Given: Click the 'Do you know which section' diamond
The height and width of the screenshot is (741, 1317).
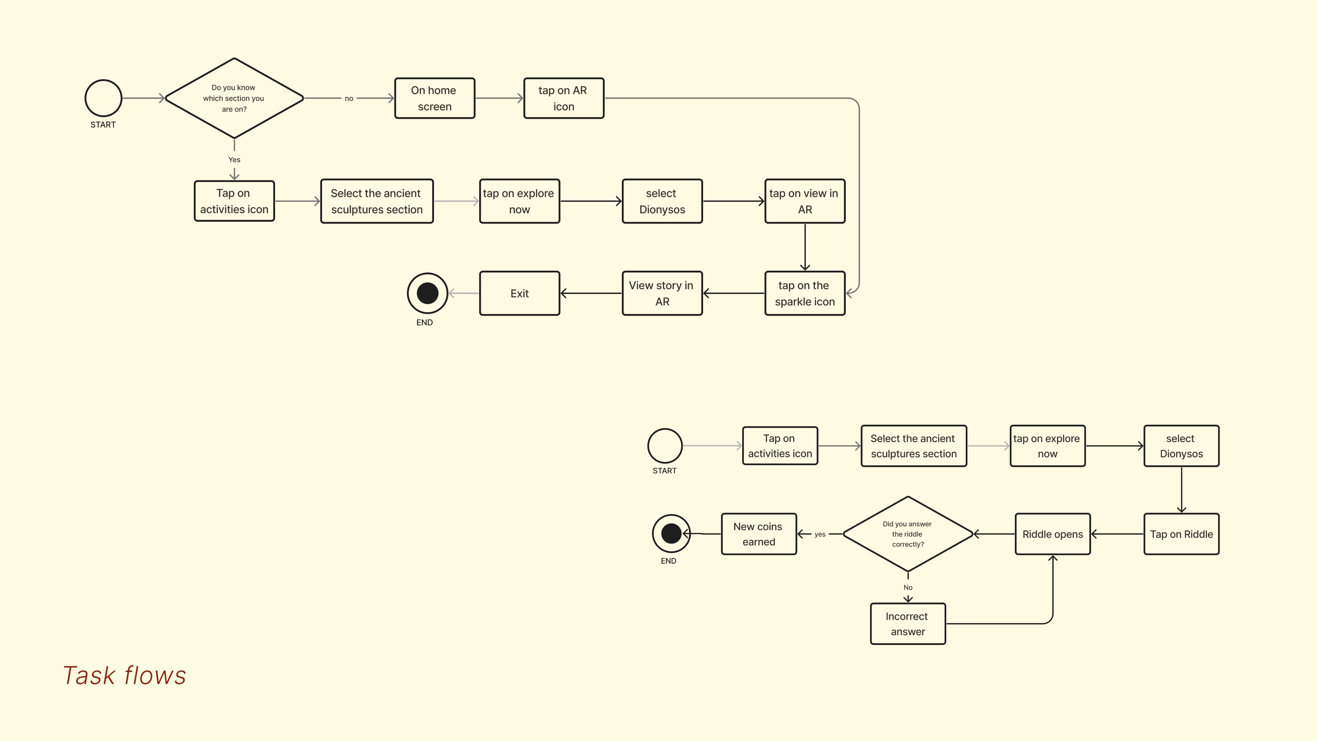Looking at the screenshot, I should (234, 98).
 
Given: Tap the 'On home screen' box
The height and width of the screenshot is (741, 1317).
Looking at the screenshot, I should (435, 98).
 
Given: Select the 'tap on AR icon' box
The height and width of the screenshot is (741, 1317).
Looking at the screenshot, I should (563, 98).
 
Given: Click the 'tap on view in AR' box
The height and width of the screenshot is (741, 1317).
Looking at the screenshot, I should (805, 201).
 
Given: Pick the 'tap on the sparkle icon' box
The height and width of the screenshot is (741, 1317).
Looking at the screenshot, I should (805, 293).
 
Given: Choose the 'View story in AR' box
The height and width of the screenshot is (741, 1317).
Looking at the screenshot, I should (662, 293).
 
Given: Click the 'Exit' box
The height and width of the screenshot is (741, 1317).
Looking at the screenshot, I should (520, 293).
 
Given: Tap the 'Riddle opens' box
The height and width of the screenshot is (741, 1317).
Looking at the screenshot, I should (1053, 534).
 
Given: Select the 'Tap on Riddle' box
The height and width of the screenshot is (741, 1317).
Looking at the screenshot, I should (1181, 534).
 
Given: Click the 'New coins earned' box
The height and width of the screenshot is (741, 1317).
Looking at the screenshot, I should (759, 534).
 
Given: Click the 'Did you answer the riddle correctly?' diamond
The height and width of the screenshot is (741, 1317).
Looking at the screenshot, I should (907, 534).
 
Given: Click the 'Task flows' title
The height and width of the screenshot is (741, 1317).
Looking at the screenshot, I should (124, 675).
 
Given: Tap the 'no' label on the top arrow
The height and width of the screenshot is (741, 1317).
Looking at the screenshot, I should (349, 98).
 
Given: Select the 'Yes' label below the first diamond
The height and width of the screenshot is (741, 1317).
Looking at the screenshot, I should (234, 160).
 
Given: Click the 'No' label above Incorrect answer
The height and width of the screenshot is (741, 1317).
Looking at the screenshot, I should (907, 587).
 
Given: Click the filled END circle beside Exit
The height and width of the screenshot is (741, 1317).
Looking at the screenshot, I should (427, 293).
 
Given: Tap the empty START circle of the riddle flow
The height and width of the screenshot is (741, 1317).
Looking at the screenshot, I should (665, 445).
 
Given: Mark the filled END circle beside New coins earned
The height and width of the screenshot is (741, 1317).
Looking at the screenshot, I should (671, 533).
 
